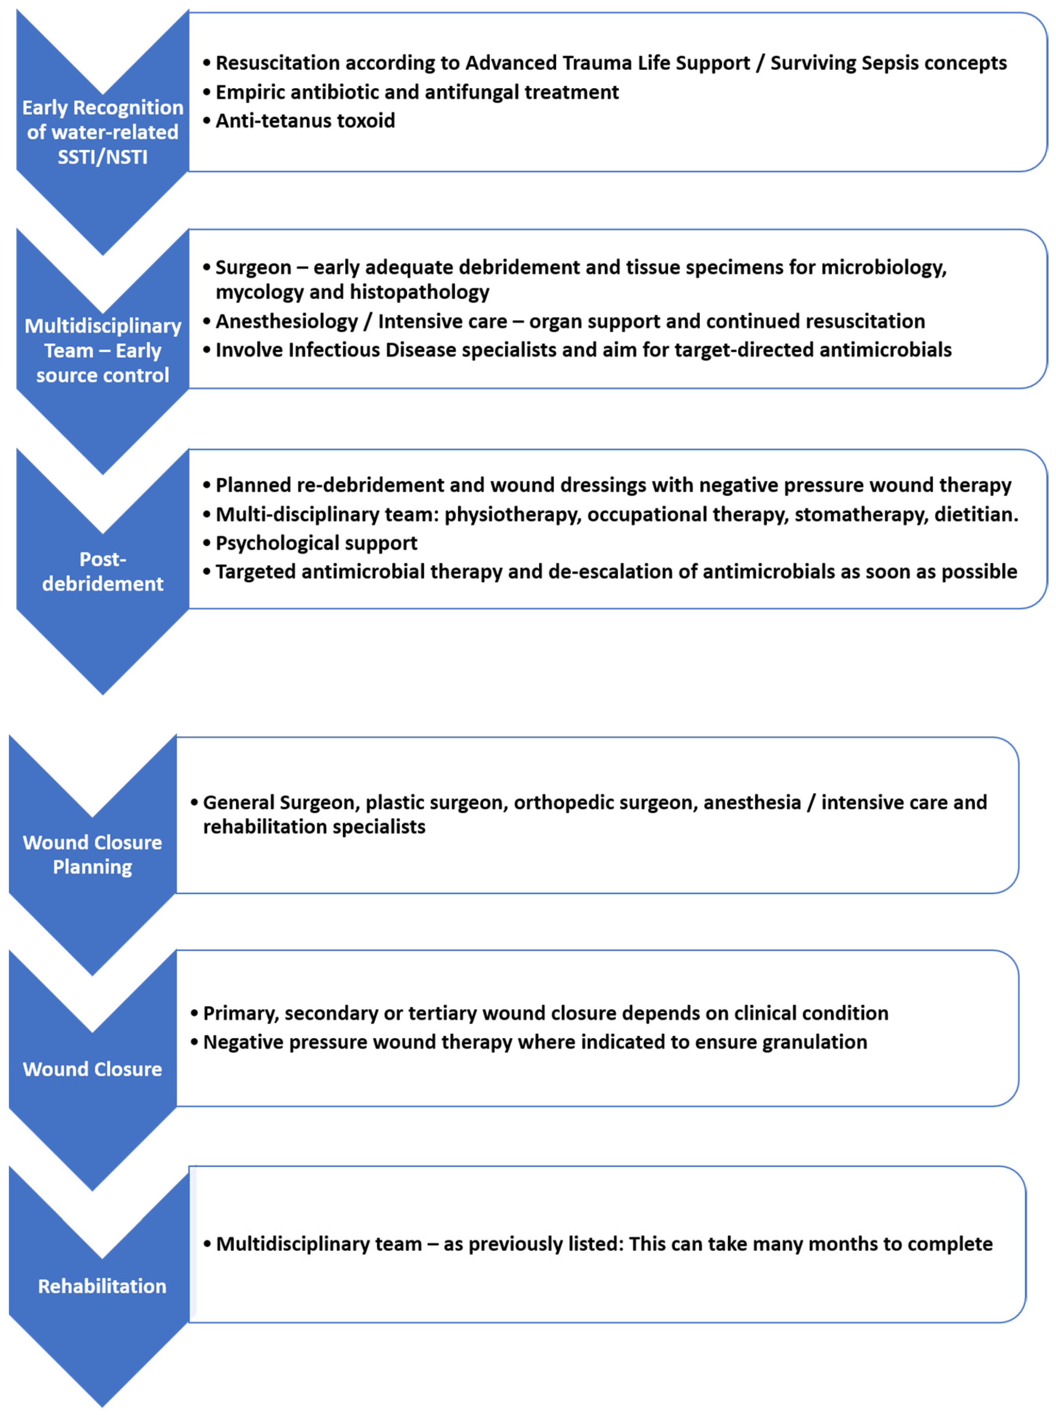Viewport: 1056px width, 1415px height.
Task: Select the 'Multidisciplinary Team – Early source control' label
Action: click(x=102, y=350)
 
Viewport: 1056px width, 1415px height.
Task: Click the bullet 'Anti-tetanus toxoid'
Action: click(x=305, y=121)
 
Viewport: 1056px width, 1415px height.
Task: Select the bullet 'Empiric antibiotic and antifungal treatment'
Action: click(x=417, y=92)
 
